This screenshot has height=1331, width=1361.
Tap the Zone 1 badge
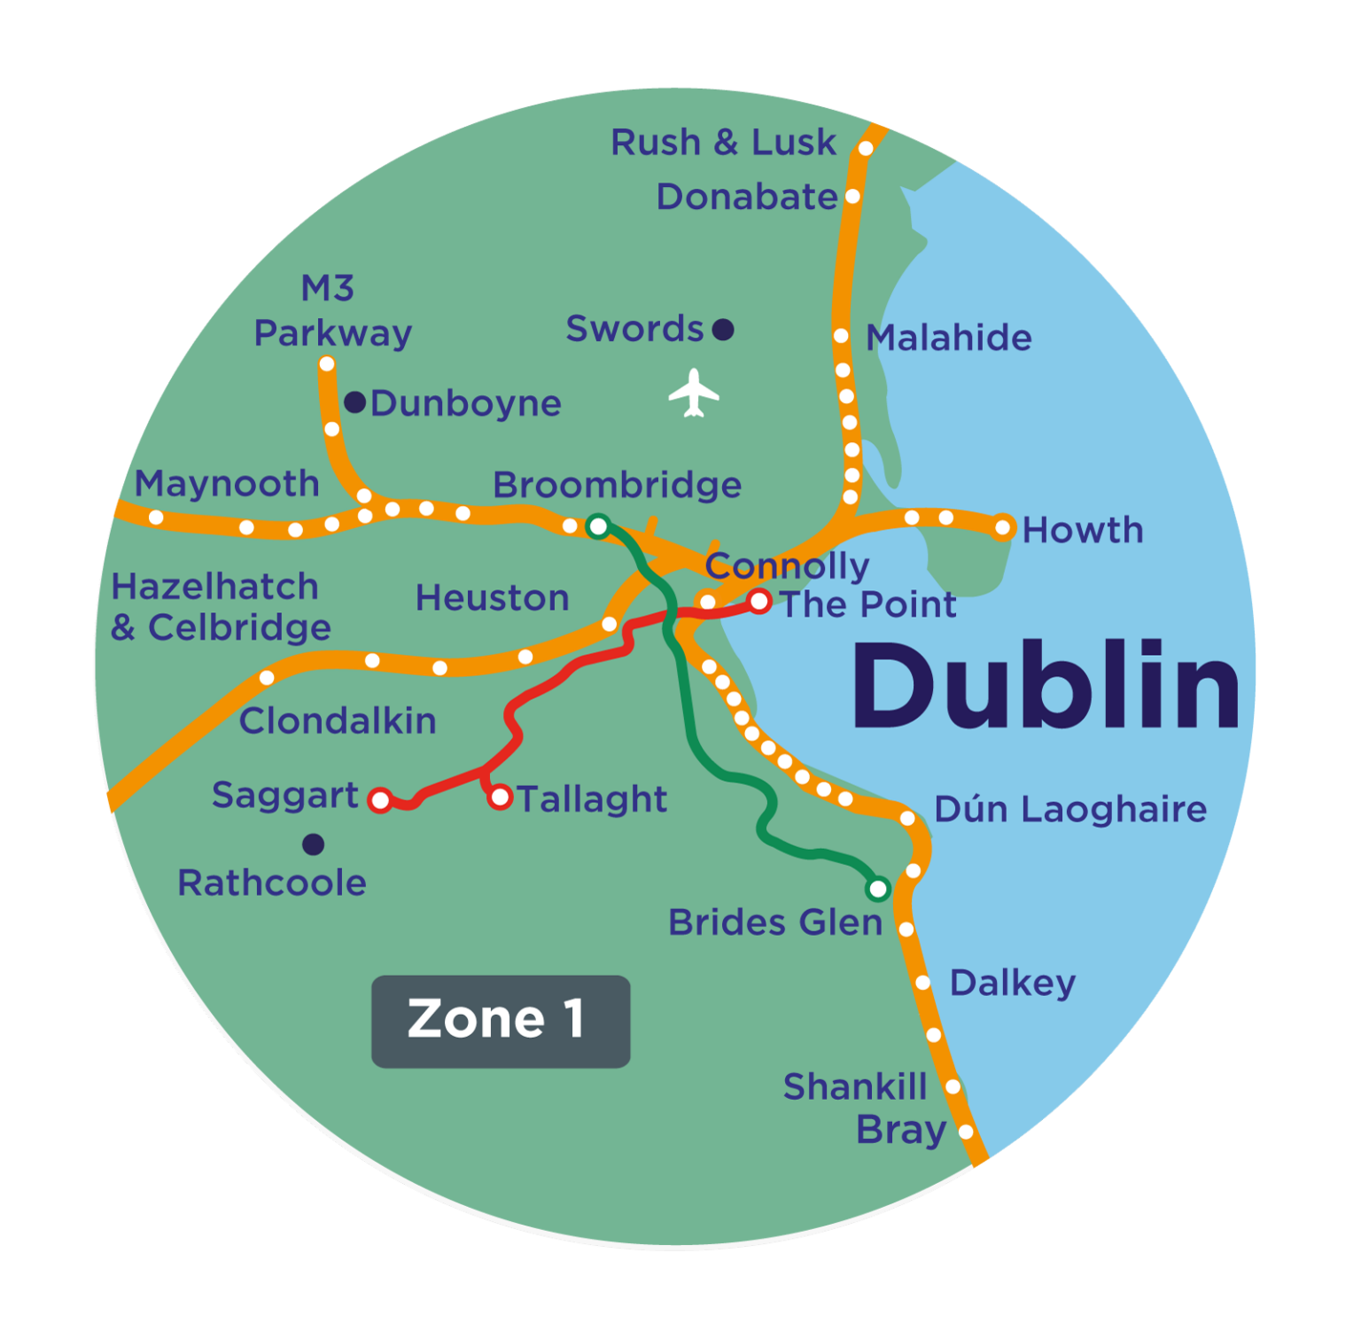(x=501, y=1021)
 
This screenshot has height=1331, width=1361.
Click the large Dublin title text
(x=1046, y=687)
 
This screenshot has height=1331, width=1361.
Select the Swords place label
(x=634, y=329)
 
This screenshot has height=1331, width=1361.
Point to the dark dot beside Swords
(x=723, y=330)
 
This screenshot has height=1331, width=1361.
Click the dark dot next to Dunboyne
(x=355, y=402)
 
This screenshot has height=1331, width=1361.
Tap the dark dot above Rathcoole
(x=313, y=845)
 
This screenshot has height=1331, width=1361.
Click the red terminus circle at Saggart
(x=380, y=800)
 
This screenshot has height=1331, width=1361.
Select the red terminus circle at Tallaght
(x=501, y=798)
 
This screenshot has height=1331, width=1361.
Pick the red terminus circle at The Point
(x=759, y=602)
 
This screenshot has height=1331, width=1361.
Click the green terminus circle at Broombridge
(x=598, y=527)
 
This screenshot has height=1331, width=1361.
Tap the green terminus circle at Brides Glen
(x=878, y=888)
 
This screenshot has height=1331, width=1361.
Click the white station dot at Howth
(x=1003, y=528)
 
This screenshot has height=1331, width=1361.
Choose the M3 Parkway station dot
(x=327, y=364)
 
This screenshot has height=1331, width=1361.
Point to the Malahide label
(x=948, y=338)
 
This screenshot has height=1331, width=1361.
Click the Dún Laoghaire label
(x=1070, y=809)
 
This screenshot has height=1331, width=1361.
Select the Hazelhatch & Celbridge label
(x=221, y=607)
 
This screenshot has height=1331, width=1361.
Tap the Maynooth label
(x=227, y=484)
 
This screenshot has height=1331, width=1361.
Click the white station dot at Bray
(x=966, y=1132)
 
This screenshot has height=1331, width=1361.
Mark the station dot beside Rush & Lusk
(x=866, y=148)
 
